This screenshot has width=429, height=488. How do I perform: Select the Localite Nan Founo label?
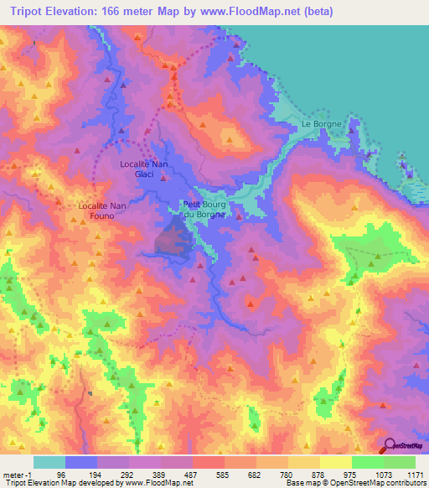[101, 210]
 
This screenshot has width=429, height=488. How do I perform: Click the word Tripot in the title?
[23, 13]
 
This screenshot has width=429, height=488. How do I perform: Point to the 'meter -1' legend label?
[19, 473]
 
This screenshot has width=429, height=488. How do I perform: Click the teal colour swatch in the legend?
[49, 462]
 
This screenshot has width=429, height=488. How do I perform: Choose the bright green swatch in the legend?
[367, 462]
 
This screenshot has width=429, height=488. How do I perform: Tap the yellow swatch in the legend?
[335, 462]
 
